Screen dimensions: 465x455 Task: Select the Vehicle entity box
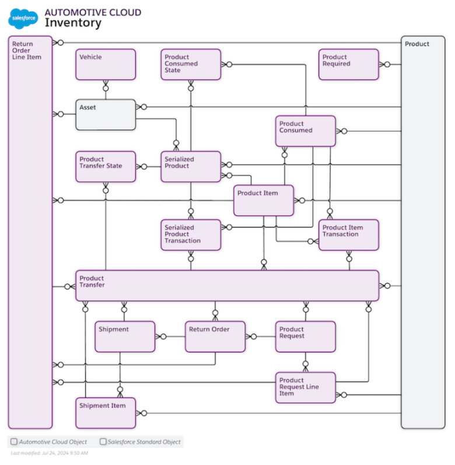click(x=106, y=64)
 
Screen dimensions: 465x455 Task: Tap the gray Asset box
click(x=106, y=114)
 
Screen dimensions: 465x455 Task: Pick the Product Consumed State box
click(x=191, y=64)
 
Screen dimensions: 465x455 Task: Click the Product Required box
click(x=349, y=64)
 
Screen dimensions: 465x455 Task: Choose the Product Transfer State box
click(x=106, y=166)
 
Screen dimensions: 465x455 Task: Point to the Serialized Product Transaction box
click(x=191, y=235)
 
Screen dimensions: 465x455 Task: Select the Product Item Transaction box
click(x=349, y=235)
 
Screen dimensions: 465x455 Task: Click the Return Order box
click(x=215, y=337)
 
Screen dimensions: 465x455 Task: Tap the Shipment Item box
click(x=106, y=412)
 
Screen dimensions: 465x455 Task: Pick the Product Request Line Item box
click(x=306, y=387)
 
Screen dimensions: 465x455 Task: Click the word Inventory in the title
click(x=73, y=23)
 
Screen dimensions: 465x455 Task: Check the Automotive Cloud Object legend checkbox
click(x=14, y=442)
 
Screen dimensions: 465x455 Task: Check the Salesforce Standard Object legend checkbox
click(x=103, y=442)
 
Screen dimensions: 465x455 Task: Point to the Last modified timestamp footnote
click(x=49, y=453)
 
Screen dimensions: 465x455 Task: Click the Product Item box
click(x=264, y=201)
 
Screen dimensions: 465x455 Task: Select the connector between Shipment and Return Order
click(x=170, y=337)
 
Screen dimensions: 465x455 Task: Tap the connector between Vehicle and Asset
click(x=106, y=90)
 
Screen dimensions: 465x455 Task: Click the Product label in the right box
click(x=417, y=44)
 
